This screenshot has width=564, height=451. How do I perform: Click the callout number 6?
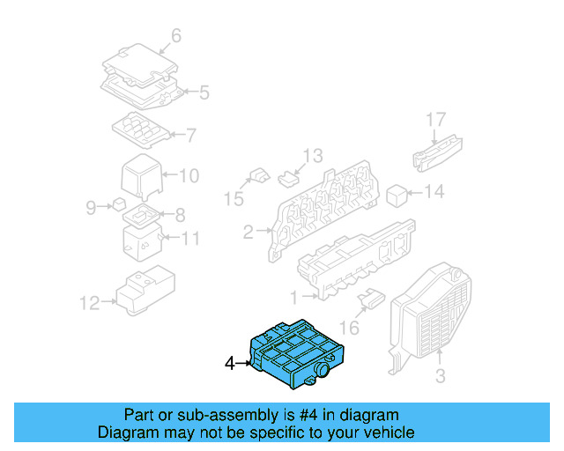[x=175, y=36]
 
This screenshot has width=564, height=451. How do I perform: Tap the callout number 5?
[x=204, y=92]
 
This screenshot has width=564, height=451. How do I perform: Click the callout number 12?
[x=90, y=304]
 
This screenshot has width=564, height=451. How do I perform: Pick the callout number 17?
[x=437, y=119]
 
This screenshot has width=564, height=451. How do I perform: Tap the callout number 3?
[x=440, y=377]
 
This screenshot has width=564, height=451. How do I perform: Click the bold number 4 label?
[x=230, y=362]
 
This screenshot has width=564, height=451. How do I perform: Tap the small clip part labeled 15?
[x=259, y=175]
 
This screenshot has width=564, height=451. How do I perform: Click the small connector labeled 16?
[x=369, y=301]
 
